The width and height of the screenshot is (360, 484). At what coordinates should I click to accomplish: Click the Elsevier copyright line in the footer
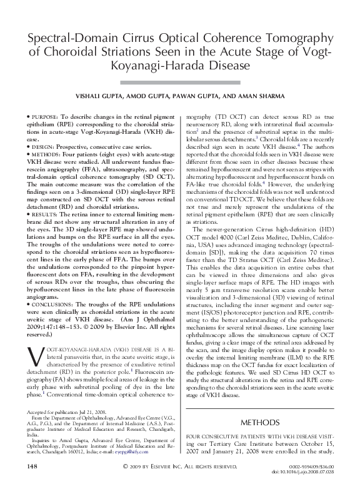[179, 466]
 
